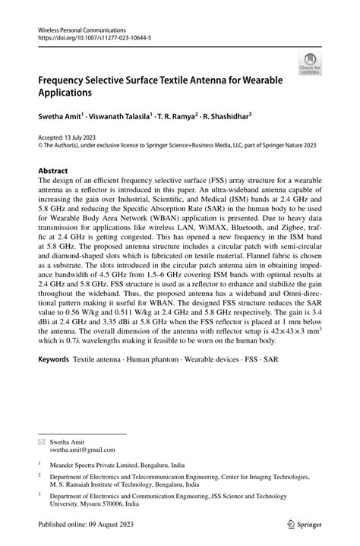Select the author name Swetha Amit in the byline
tap(58, 118)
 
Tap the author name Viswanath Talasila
tap(118, 118)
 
